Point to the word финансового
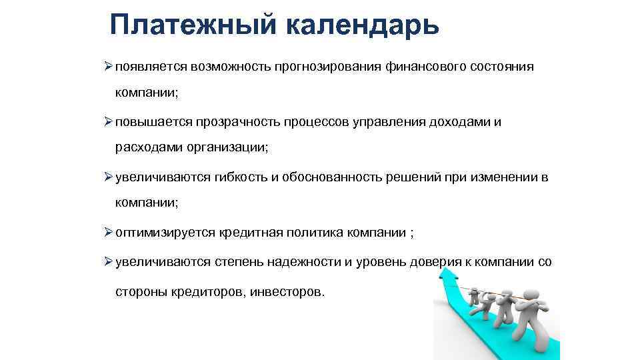point(429,67)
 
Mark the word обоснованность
point(331,177)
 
